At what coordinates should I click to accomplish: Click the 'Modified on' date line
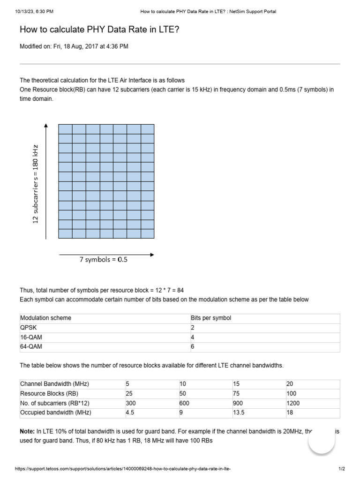coord(74,46)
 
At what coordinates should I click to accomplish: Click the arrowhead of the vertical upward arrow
coord(45,126)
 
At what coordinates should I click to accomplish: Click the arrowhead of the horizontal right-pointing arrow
coord(151,255)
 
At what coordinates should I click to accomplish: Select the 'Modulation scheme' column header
coord(45,318)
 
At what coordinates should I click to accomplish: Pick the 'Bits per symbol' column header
coord(210,318)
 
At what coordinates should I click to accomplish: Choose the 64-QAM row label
coord(30,347)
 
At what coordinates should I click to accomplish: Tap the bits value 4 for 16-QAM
coord(192,337)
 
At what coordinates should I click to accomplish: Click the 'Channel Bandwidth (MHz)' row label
coord(54,384)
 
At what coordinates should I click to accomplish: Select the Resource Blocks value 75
coord(237,394)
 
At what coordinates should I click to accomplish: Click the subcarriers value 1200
coord(293,403)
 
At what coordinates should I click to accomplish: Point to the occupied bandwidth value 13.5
coord(239,412)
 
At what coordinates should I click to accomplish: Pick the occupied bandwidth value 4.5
coord(130,412)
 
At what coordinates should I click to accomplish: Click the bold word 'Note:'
coord(27,431)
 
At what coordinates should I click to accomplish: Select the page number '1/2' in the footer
coord(341,469)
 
